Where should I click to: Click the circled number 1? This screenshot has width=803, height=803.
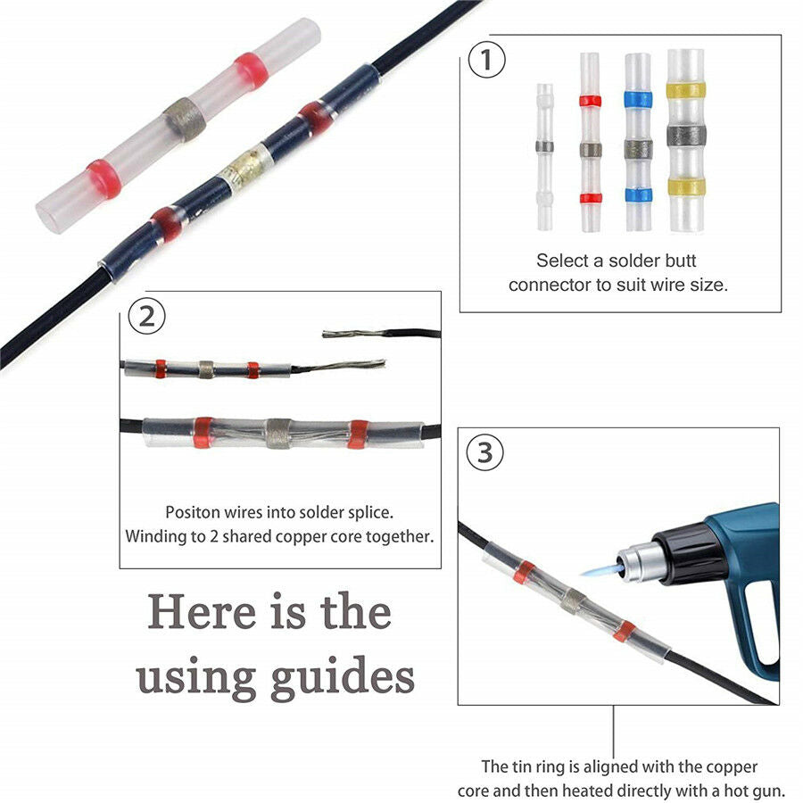[x=486, y=60]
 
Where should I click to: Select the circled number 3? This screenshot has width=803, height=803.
[x=484, y=452]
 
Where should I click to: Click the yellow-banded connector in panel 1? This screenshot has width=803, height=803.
[x=686, y=140]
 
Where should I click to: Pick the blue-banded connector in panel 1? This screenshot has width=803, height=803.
[x=638, y=141]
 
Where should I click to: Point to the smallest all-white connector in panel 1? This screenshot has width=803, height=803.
[x=544, y=157]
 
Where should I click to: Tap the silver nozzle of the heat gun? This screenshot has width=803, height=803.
[x=635, y=563]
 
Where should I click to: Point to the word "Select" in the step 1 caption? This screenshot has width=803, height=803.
[x=562, y=261]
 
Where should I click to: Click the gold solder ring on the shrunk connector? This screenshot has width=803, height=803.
[x=244, y=169]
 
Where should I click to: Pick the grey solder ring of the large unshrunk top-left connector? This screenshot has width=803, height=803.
[x=185, y=120]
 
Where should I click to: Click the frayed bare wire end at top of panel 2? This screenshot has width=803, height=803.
[x=353, y=334]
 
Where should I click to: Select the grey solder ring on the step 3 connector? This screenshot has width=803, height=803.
[x=573, y=600]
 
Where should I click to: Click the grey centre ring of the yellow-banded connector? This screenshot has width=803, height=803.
[x=686, y=136]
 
